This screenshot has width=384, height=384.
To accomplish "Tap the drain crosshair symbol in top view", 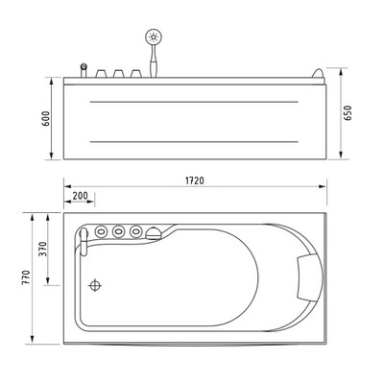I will (95, 285).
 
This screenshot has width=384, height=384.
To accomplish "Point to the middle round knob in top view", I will (118, 231).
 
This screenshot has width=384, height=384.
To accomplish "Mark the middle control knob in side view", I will (118, 73).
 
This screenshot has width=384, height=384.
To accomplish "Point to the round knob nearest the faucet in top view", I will (102, 231).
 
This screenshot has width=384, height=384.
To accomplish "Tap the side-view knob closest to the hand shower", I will (134, 73).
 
